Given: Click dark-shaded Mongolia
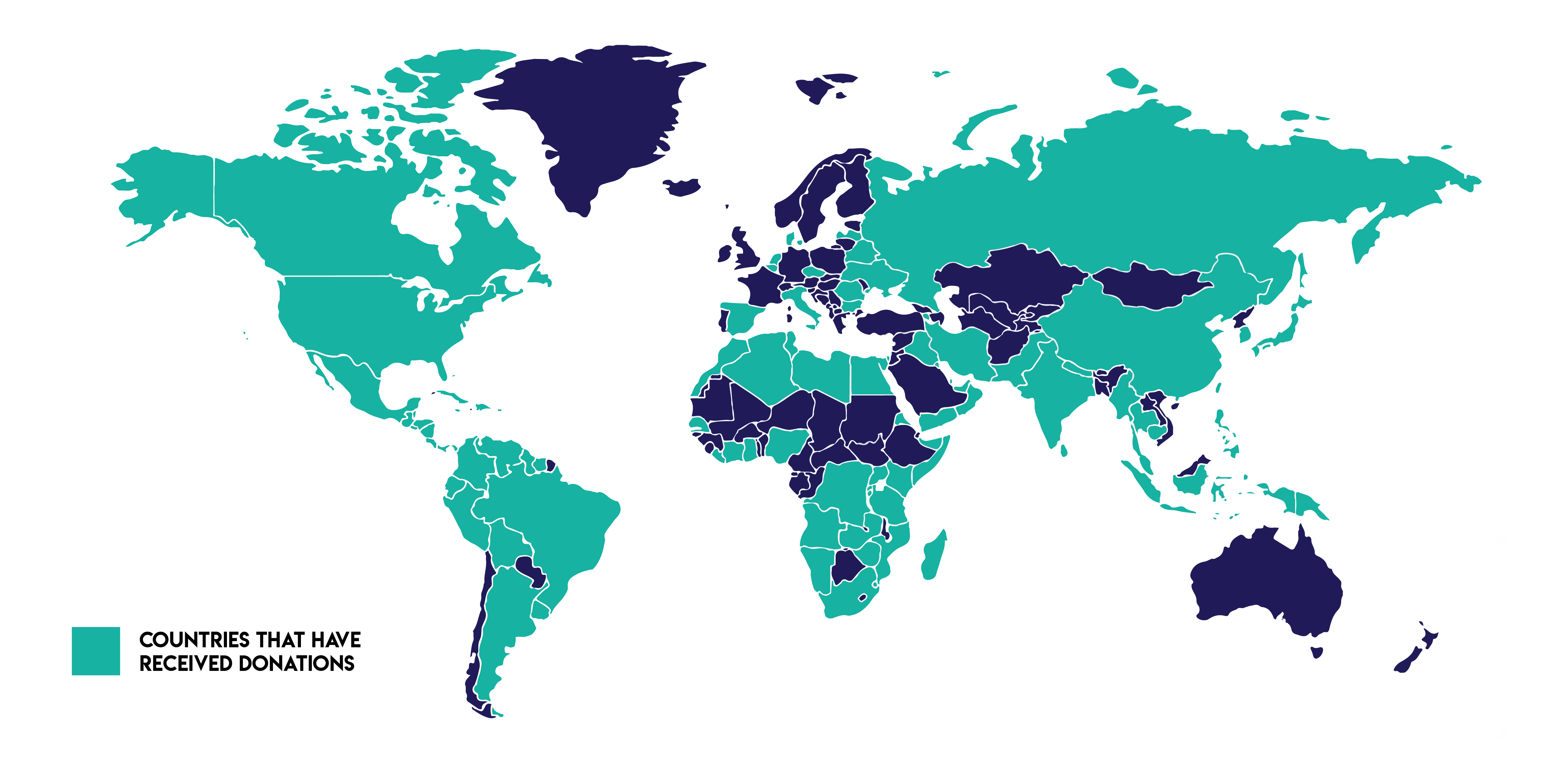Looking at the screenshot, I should click(1151, 287).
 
